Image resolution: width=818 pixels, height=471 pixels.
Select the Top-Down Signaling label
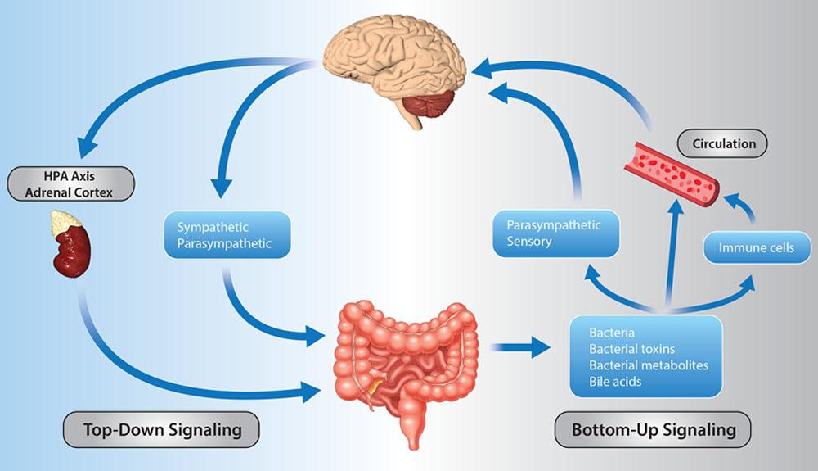pos(160,429)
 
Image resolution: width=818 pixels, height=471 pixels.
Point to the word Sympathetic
pos(211,226)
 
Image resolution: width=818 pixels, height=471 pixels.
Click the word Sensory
pos(528,242)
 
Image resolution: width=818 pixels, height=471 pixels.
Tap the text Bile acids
pos(615,381)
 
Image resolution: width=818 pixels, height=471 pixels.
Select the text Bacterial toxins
pos(631,349)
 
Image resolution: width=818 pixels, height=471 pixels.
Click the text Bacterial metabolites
pos(648,365)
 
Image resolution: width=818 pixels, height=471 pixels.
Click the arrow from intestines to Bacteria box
pos(524,347)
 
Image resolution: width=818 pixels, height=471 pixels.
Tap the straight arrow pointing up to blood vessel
pos(672,254)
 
